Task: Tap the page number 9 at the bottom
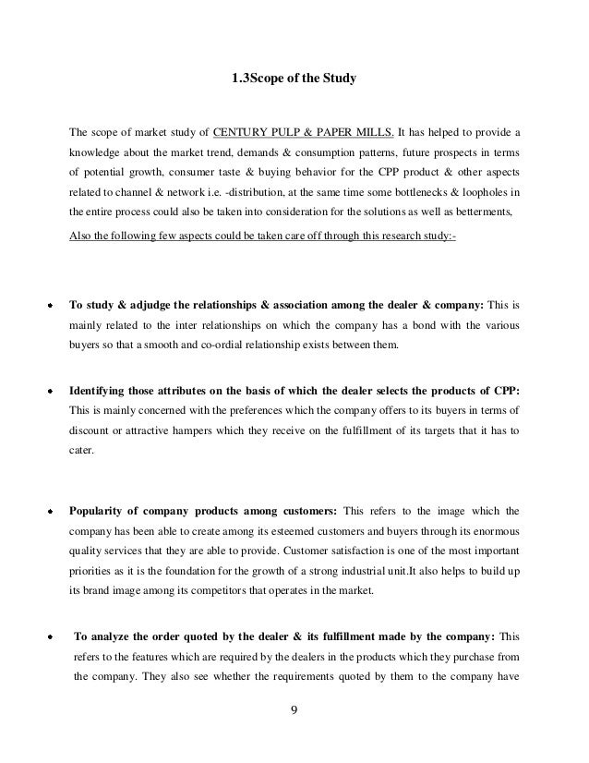pyautogui.click(x=294, y=711)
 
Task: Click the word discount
pyautogui.click(x=90, y=431)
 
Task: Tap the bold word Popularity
pyautogui.click(x=100, y=509)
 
